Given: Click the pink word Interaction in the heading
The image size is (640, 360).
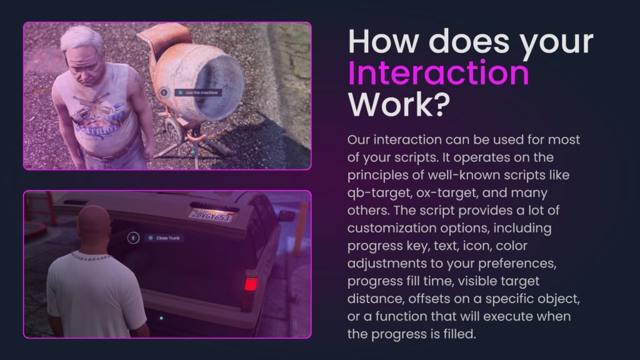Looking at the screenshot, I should pyautogui.click(x=438, y=73).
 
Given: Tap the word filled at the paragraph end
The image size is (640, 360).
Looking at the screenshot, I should pyautogui.click(x=456, y=334).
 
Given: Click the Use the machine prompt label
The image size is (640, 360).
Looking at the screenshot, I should pyautogui.click(x=198, y=92).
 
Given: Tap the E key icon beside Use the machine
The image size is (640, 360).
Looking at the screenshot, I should pyautogui.click(x=164, y=92).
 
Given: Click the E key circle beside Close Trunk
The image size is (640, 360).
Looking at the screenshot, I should pyautogui.click(x=132, y=238).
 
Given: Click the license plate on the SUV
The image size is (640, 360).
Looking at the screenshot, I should pyautogui.click(x=211, y=214).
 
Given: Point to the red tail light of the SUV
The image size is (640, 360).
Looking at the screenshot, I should pyautogui.click(x=251, y=284).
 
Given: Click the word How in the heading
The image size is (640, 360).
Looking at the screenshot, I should pyautogui.click(x=382, y=41).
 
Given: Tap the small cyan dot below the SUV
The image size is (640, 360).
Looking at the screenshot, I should pyautogui.click(x=161, y=318).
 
